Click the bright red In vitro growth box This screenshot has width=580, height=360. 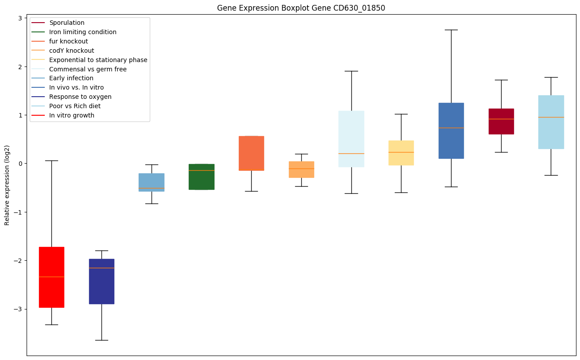click(51, 277)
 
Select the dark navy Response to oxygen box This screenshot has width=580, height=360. click(101, 281)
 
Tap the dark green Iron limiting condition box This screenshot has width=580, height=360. click(201, 176)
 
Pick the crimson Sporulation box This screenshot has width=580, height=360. click(501, 121)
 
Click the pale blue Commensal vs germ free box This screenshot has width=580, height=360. click(351, 139)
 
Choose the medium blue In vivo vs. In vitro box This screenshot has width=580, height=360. click(451, 130)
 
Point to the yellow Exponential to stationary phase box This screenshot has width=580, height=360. click(401, 153)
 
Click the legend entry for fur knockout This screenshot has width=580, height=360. click(68, 41)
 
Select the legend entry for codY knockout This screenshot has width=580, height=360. click(71, 51)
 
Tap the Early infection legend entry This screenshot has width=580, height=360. click(71, 78)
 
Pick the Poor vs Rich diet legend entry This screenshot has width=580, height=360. click(74, 106)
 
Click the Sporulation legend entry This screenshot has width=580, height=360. click(66, 23)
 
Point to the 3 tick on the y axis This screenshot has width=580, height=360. click(20, 18)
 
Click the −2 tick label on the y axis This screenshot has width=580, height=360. click(18, 261)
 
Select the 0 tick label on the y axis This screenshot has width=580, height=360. click(20, 164)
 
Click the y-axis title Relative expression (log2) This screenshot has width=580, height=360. click(7, 185)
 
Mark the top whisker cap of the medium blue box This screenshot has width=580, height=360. click(451, 30)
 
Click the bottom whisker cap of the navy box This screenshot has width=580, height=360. click(101, 340)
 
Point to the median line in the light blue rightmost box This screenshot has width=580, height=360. click(551, 117)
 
